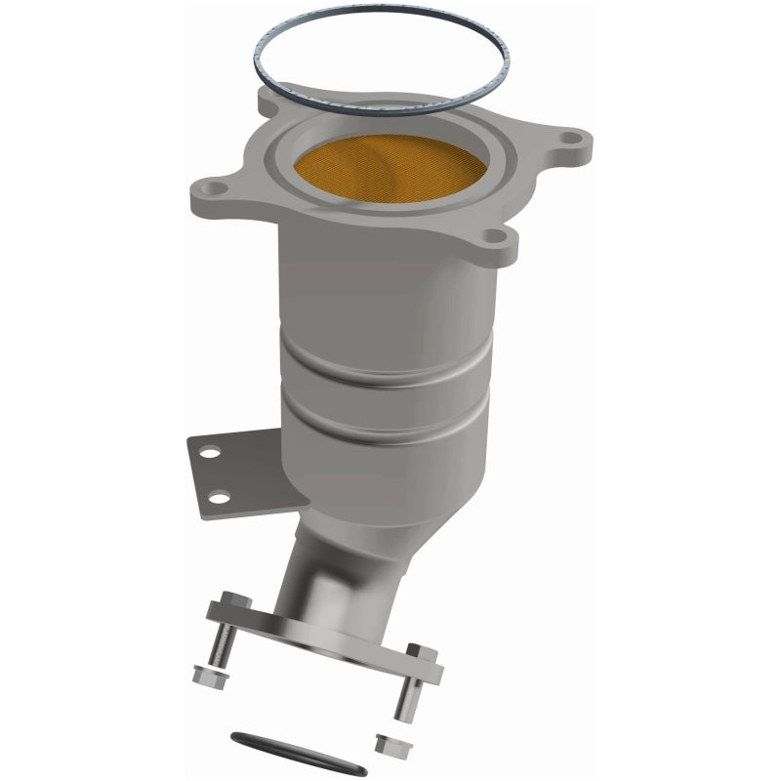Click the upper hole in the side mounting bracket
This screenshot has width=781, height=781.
pyautogui.click(x=206, y=453)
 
